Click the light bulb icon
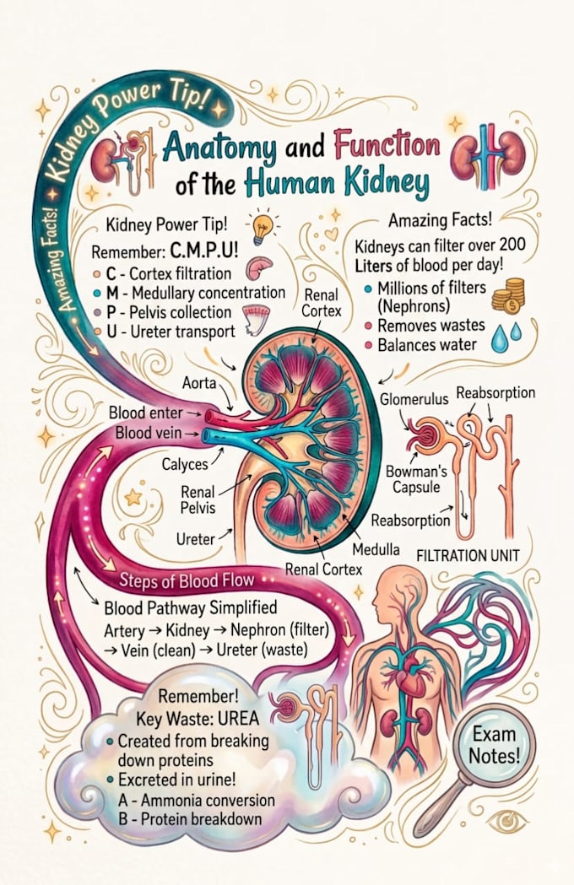click(263, 228)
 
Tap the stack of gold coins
click(508, 295)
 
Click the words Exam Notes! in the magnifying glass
click(495, 744)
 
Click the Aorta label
click(199, 383)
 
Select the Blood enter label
click(146, 413)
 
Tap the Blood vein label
click(149, 433)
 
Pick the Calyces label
click(185, 465)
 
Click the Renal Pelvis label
click(198, 499)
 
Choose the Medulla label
click(376, 548)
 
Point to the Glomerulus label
click(414, 399)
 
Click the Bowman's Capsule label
click(416, 478)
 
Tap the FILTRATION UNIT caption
click(468, 555)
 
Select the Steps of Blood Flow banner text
click(187, 580)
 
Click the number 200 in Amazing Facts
click(512, 245)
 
